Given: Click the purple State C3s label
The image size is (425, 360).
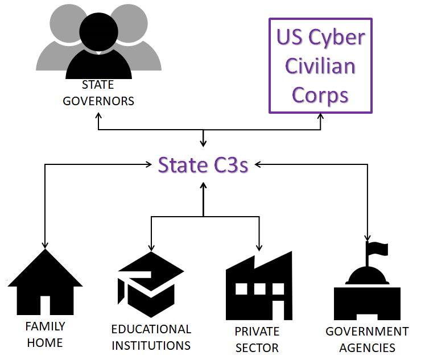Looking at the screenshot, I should pos(203,165).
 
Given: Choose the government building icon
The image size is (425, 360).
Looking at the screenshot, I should pos(368,293).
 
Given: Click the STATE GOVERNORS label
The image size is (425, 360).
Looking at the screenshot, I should pos(98,93).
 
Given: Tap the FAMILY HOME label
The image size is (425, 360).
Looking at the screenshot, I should pos(45,334).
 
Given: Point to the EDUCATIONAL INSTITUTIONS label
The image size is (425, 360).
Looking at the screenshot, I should pos(151,337).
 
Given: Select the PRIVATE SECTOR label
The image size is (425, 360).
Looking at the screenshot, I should pos(257,339).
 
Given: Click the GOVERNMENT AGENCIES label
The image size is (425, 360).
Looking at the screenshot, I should pos(367,339).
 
